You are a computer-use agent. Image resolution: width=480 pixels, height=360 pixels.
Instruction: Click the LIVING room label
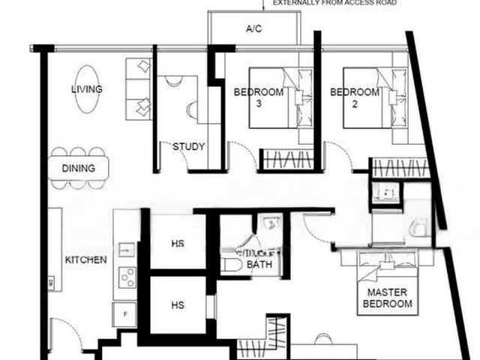point(87,90)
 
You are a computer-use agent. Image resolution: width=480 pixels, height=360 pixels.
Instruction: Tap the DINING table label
point(79,169)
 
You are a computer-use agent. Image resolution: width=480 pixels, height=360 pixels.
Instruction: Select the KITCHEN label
point(86,260)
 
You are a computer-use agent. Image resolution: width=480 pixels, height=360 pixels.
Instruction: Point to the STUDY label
point(188,147)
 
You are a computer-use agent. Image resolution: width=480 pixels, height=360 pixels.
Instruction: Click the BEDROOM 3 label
point(259,97)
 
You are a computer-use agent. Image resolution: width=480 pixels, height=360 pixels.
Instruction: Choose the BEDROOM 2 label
point(355,97)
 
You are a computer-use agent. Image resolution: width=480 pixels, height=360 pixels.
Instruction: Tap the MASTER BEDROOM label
point(387,298)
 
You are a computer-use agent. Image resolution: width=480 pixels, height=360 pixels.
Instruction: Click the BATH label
point(259,263)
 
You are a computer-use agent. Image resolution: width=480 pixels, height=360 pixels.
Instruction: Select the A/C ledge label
point(253,29)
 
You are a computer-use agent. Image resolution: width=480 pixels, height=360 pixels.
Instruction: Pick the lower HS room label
point(178,305)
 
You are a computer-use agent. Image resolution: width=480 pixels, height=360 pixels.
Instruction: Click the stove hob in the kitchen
point(127,277)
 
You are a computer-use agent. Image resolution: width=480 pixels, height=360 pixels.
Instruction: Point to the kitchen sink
point(126,249)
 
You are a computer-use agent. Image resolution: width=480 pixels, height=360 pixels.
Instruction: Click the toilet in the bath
point(232,264)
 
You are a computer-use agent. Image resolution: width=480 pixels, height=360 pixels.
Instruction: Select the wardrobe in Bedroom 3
point(286,160)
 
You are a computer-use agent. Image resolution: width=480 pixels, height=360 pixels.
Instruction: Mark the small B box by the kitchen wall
point(51,283)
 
